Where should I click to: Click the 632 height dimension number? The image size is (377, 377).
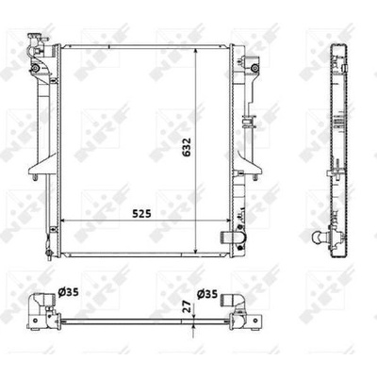point(188,147)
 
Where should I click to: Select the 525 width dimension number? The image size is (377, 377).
point(141,214)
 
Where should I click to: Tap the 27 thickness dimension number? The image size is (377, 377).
point(187,305)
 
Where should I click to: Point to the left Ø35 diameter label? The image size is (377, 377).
point(68,292)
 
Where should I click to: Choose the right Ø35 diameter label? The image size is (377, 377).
point(207,294)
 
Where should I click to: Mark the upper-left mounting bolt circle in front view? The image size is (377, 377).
point(35,68)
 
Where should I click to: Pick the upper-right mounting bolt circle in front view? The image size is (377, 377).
point(255,67)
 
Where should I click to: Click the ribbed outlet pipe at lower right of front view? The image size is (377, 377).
point(233,238)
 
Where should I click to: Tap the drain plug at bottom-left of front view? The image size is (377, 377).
point(49,254)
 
